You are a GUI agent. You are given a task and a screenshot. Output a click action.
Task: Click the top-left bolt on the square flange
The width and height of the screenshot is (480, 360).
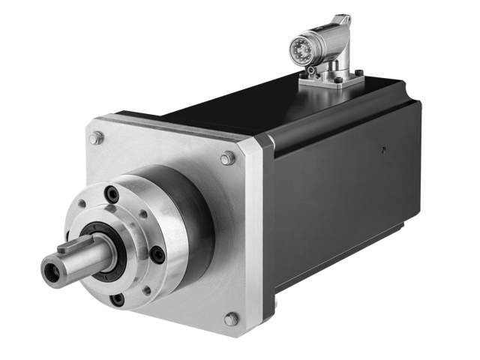[x=96, y=138]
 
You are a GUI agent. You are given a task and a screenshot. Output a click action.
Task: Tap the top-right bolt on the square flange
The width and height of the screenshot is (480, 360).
[x=227, y=158]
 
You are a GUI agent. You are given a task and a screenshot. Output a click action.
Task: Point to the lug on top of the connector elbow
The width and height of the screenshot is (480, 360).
[x=342, y=18]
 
